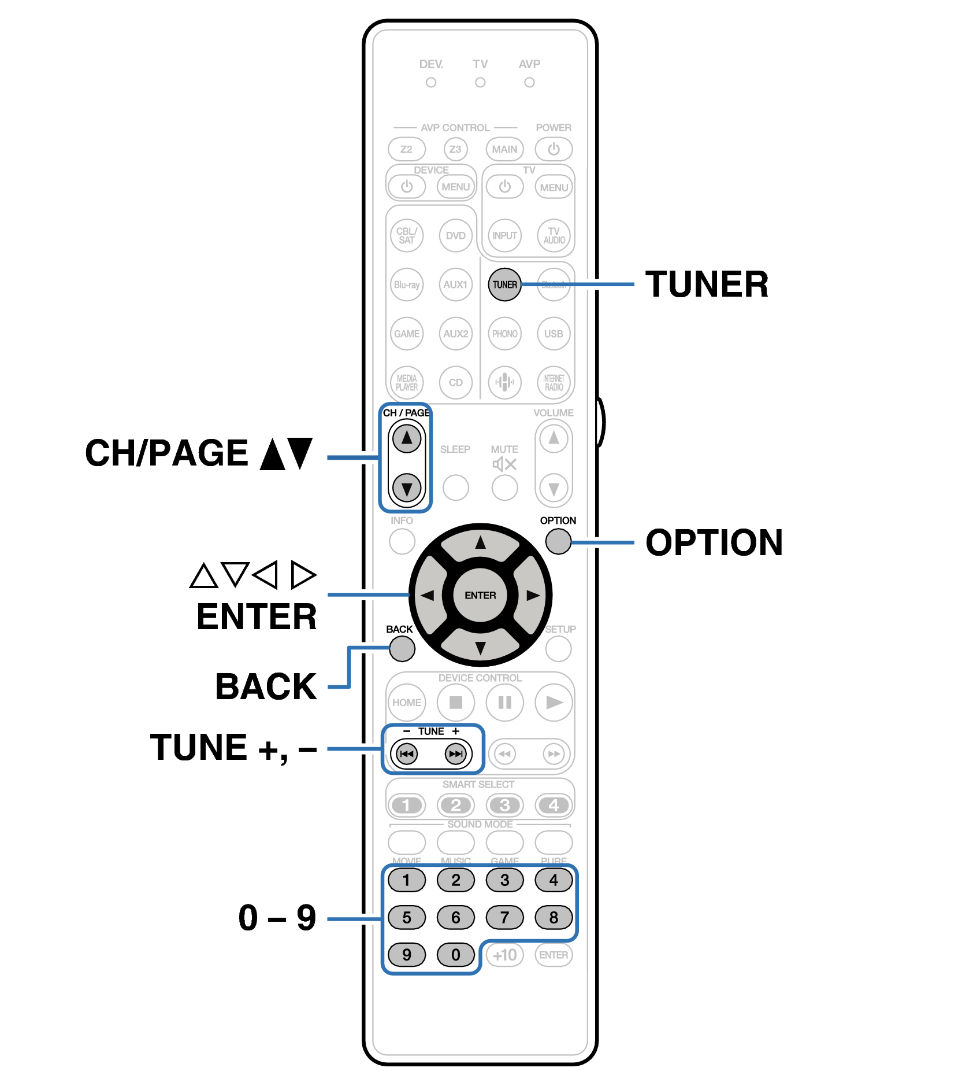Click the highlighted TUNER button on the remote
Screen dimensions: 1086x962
tap(504, 285)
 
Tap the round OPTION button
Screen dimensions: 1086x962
tap(558, 541)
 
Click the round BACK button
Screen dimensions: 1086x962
tap(402, 649)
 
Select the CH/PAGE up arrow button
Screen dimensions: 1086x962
tap(407, 438)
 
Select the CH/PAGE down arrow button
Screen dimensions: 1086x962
tap(407, 489)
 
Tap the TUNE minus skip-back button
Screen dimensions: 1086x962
tap(407, 753)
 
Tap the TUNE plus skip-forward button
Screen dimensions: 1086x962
tap(456, 753)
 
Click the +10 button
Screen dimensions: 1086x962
tap(504, 955)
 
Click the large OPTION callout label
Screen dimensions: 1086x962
tap(714, 542)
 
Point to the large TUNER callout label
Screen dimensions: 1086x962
tap(707, 285)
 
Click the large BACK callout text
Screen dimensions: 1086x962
tap(266, 686)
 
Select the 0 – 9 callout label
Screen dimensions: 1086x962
tap(277, 918)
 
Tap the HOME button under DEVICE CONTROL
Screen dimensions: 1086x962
tap(407, 703)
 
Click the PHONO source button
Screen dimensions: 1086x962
tap(504, 334)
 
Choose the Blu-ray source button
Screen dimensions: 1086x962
tap(407, 285)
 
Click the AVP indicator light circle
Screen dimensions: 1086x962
tap(529, 83)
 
